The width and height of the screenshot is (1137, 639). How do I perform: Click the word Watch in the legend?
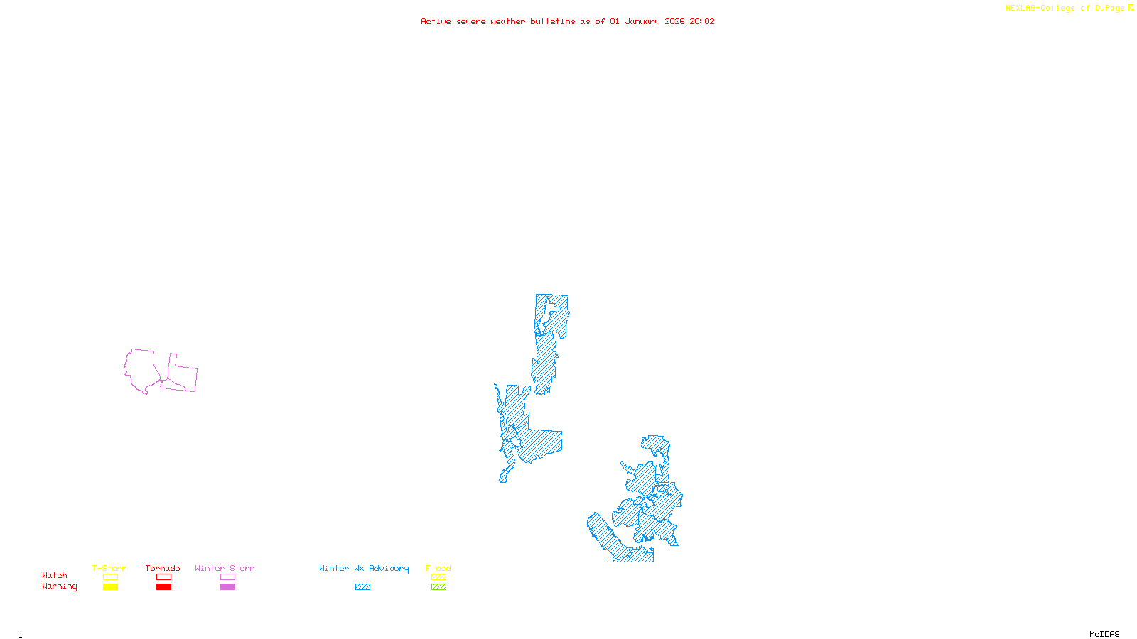coord(55,575)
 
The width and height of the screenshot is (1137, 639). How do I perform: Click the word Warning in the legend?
coord(60,586)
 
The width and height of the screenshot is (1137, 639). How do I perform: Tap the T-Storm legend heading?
coord(109,568)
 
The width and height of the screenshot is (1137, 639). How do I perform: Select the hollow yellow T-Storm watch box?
coord(110,577)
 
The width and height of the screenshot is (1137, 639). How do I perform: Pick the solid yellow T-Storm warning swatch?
coord(110,587)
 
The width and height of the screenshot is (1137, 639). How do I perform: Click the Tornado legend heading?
coord(163,568)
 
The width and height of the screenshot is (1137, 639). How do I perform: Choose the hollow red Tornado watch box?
coord(163,577)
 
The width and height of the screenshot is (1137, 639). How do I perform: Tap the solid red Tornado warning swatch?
coord(163,587)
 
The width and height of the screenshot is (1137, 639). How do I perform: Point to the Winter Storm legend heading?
coord(225,568)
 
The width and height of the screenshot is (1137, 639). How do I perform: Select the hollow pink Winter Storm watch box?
coord(227,577)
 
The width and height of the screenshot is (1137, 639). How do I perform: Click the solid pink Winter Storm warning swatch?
coord(227,587)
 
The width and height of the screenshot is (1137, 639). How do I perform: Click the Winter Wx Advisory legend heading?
coord(364,568)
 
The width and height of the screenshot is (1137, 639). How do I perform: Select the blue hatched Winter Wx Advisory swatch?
coord(362,587)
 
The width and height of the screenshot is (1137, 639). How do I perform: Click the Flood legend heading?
coord(438,568)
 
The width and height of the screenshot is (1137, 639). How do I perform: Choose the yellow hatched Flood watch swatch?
coord(438,577)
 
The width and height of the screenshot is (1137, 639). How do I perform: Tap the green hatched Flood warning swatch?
coord(438,587)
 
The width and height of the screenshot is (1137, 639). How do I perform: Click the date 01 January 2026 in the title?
coord(647,21)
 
